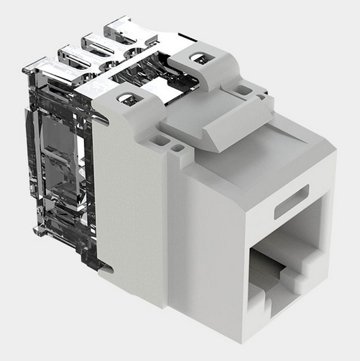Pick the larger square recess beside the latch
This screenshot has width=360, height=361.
pyautogui.click(x=160, y=140)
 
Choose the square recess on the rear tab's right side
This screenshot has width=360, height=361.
pyautogui.click(x=244, y=90)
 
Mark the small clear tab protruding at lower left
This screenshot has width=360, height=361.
pyautogui.click(x=39, y=230)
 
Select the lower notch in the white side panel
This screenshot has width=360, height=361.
pyautogui.click(x=104, y=267)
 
